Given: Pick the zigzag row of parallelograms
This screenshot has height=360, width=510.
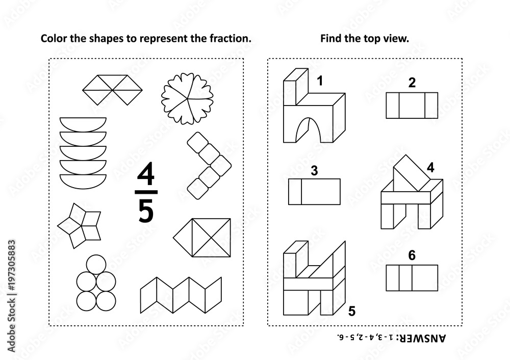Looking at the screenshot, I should (181, 294).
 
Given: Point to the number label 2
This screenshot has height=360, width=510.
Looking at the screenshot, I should (412, 82).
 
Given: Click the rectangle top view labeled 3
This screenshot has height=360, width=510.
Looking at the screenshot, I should (314, 192).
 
